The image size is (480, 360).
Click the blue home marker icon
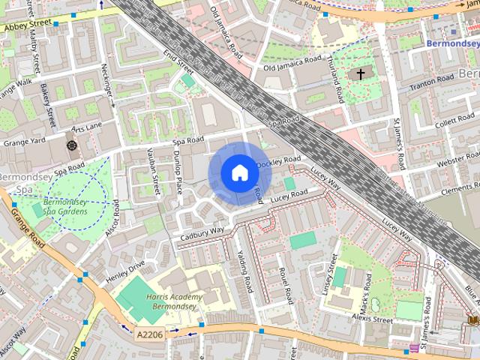click(238, 173)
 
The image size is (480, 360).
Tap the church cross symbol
click(360, 74)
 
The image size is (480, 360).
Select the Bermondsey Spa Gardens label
click(65, 207)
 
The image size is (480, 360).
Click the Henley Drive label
click(125, 271)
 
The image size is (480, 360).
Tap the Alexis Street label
click(372, 319)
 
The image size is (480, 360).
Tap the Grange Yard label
click(25, 140)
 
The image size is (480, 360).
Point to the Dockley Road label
click(278, 161)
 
